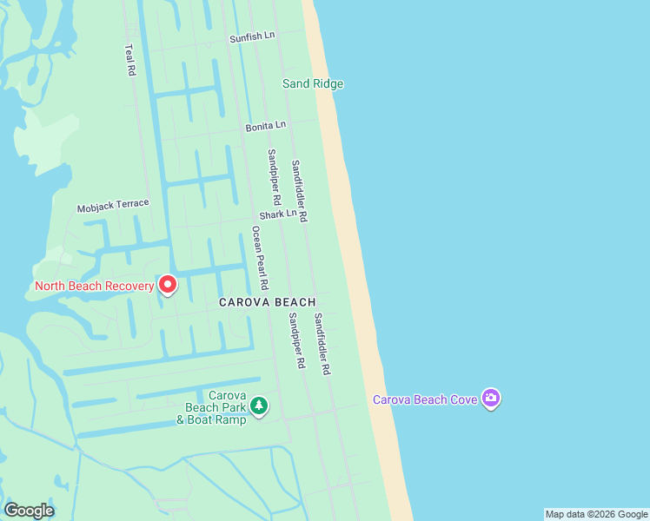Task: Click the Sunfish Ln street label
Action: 252,37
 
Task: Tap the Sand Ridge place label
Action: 313,84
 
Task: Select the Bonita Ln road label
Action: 265,126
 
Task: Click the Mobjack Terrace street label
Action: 113,206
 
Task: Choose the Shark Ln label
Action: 277,214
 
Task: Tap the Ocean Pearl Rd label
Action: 260,258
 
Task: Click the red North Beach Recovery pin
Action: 167,284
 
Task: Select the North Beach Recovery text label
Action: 94,286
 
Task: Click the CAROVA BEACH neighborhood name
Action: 267,302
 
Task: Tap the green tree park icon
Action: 258,406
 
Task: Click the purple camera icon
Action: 491,399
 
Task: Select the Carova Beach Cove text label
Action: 425,399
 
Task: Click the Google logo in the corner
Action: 29,510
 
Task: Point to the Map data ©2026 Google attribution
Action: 596,514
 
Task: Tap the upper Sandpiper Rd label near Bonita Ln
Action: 273,176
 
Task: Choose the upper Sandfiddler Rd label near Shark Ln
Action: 299,191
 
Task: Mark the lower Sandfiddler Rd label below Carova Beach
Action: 322,344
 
